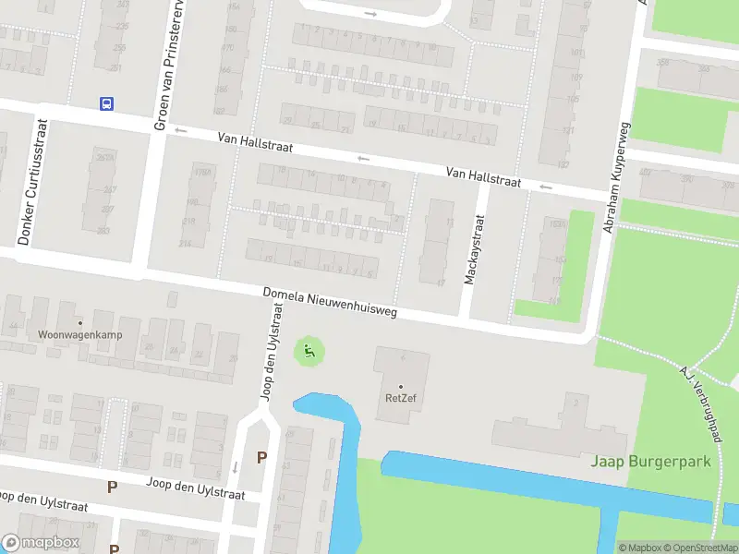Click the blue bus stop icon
107,103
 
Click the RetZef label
401,400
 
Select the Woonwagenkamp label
80,334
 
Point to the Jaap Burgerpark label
651,461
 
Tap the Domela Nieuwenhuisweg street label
330,302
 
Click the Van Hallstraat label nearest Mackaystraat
483,177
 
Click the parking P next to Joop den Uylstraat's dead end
261,457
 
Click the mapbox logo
41,543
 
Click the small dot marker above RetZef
401,386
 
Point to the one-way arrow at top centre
371,14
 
